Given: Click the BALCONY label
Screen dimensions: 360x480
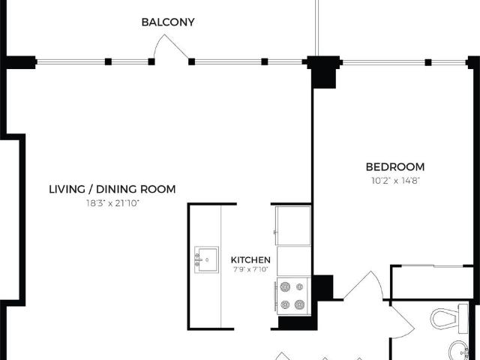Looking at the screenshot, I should coord(168,22).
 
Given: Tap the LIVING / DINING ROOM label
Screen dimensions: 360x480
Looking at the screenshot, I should coord(112,189).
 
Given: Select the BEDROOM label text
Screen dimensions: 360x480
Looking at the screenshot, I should coord(394,166).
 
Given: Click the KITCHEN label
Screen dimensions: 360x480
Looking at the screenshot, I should coord(250,259).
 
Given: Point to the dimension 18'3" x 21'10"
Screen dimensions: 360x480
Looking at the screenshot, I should coord(112,203).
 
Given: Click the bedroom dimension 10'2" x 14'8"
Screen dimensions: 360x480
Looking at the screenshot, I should coord(394,181).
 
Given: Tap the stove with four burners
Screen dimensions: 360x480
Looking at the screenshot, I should coord(293,295).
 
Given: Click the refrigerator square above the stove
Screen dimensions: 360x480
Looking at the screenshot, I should coord(293,224).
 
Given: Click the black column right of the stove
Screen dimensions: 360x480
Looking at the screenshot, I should coord(322,286).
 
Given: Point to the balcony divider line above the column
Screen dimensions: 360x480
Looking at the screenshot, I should coord(316,26).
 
